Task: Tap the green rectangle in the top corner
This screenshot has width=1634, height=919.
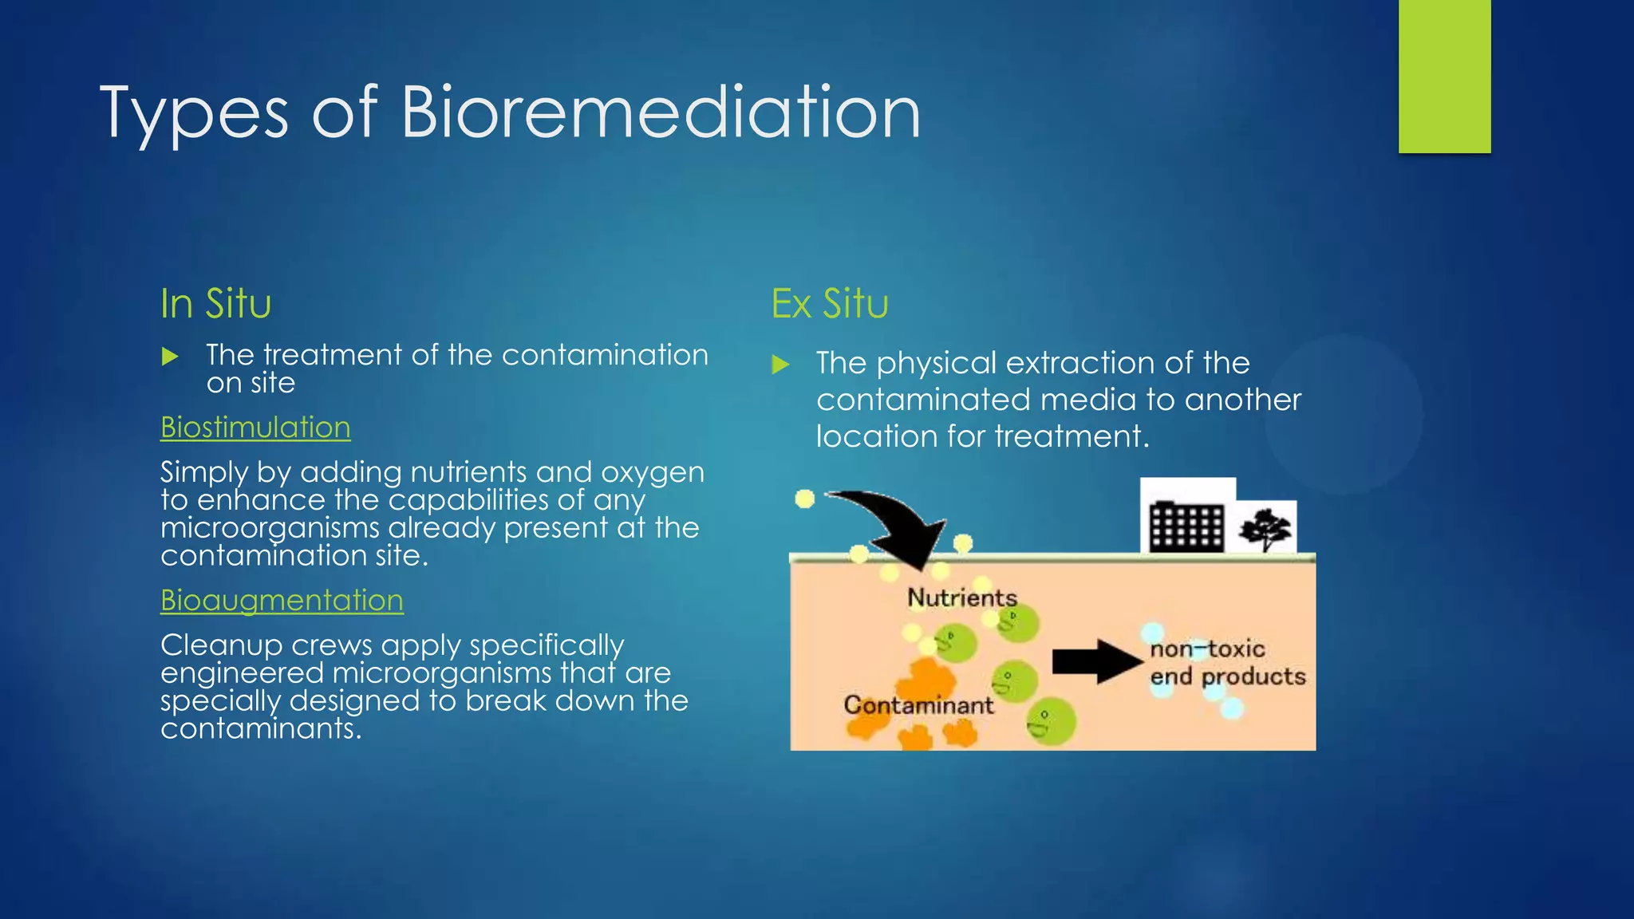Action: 1444,76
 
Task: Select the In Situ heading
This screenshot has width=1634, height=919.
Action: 215,304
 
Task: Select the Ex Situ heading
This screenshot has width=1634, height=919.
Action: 830,304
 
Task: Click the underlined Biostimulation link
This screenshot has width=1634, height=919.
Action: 255,428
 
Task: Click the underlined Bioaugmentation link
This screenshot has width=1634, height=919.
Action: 282,601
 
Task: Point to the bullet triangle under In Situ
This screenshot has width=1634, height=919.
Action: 170,357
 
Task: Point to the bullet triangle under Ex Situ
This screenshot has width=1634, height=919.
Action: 781,365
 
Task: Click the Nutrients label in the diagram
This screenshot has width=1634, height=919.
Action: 961,598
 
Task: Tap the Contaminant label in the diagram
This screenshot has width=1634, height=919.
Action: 918,705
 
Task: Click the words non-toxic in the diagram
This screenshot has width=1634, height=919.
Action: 1207,649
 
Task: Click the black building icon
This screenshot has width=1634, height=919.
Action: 1186,527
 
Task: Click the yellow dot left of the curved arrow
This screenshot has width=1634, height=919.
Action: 805,499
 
